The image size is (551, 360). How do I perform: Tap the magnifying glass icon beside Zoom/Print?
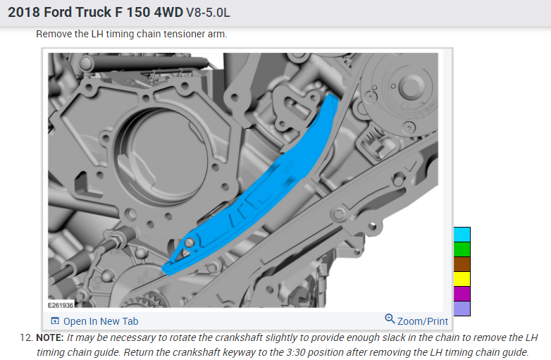click(390, 318)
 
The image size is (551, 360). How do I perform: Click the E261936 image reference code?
click(61, 305)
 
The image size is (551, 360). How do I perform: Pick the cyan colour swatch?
click(462, 235)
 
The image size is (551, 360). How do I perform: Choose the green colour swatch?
click(462, 249)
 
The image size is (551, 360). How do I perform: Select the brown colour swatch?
click(462, 264)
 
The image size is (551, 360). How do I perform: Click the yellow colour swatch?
click(462, 279)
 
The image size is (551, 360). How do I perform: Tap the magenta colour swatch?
click(462, 294)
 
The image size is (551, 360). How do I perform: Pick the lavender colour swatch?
click(462, 309)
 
